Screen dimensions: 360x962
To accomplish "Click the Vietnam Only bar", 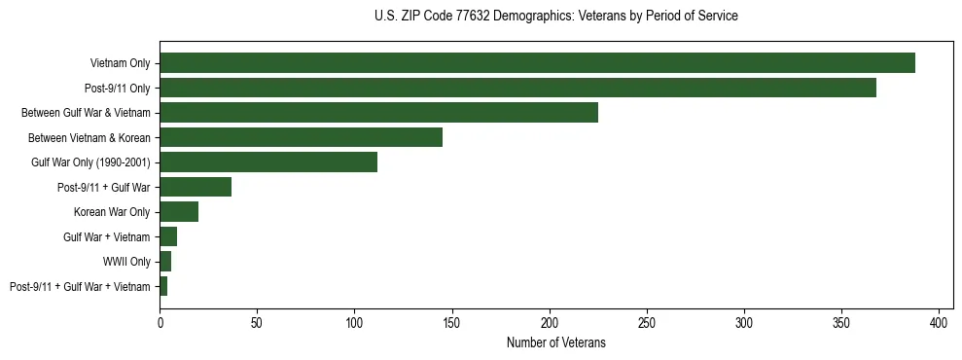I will (x=537, y=63).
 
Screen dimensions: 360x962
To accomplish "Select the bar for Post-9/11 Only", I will (x=517, y=88).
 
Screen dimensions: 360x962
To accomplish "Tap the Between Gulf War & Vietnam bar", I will (x=378, y=113).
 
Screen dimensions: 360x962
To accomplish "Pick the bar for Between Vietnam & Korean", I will (x=301, y=137).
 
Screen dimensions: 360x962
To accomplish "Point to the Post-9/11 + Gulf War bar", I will (x=196, y=187).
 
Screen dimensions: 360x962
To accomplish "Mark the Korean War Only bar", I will (x=179, y=212).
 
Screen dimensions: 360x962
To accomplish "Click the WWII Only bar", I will (x=165, y=262).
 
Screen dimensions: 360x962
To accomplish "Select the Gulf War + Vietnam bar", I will (x=168, y=236).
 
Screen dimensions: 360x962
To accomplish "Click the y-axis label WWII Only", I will (x=126, y=262).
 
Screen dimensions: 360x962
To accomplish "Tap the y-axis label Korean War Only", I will (x=112, y=212).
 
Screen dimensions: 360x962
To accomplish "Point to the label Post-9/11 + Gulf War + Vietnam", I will (x=80, y=286).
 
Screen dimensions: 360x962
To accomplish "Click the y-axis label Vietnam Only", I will (x=120, y=63).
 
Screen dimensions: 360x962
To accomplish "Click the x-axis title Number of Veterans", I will (x=555, y=342).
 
